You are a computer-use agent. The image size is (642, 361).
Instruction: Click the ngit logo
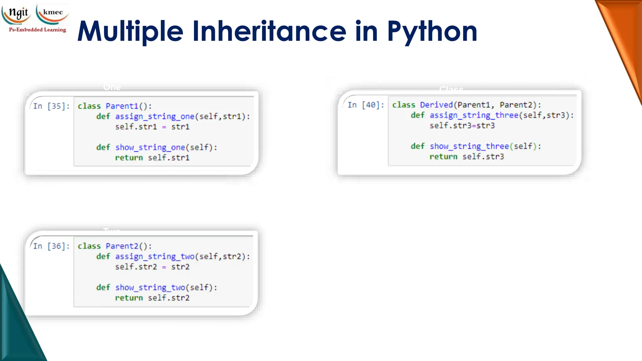(17, 14)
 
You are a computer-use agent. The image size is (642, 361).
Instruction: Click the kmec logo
(53, 14)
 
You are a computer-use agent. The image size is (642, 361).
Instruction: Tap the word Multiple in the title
(130, 31)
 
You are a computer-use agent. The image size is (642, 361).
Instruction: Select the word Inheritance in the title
(269, 31)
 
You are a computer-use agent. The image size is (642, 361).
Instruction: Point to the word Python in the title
(432, 31)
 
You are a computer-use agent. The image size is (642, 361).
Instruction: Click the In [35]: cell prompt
(51, 106)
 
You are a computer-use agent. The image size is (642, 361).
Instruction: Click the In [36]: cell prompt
(51, 246)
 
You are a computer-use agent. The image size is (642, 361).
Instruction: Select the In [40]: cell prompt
(366, 105)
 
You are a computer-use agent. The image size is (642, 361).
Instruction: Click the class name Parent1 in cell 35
(122, 106)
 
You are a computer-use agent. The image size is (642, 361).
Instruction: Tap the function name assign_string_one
(155, 117)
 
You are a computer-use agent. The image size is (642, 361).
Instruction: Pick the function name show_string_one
(150, 147)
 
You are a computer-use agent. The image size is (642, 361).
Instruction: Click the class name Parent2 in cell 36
(122, 246)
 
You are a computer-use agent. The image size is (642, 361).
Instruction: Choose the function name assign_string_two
(155, 257)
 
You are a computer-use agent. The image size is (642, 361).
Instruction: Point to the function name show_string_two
(150, 287)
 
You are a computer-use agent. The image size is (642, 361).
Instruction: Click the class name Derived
(436, 105)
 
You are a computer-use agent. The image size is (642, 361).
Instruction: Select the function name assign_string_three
(474, 115)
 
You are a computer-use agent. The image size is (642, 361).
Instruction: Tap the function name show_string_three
(469, 146)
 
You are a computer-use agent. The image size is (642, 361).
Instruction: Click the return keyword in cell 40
(443, 157)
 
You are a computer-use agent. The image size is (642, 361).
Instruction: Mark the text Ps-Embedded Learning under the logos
(38, 30)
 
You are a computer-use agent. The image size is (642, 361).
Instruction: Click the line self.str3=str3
(462, 126)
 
